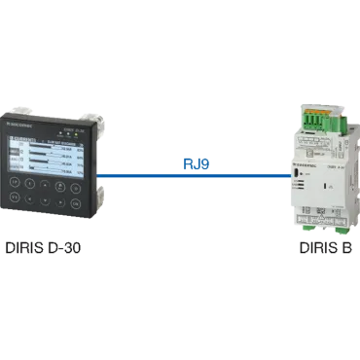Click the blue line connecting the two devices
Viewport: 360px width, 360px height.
pos(195,176)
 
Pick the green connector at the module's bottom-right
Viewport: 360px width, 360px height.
pos(342,230)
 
